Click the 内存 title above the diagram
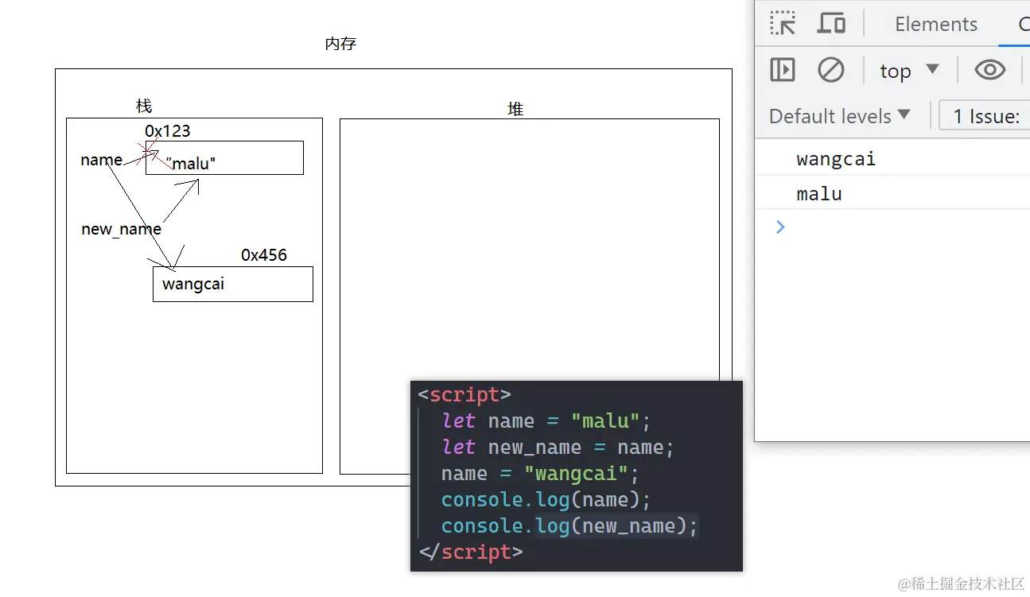[340, 45]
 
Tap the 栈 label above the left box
[144, 106]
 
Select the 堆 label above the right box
[515, 110]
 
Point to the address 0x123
[167, 131]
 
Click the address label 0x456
[264, 255]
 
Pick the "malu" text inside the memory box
[192, 164]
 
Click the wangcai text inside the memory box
[193, 284]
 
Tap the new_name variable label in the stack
[121, 229]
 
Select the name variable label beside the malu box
[102, 160]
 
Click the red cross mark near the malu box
[149, 149]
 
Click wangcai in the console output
[836, 159]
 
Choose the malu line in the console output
[819, 194]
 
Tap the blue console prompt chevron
[780, 227]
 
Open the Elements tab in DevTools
[935, 25]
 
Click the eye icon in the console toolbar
[989, 71]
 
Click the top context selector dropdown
[909, 71]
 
